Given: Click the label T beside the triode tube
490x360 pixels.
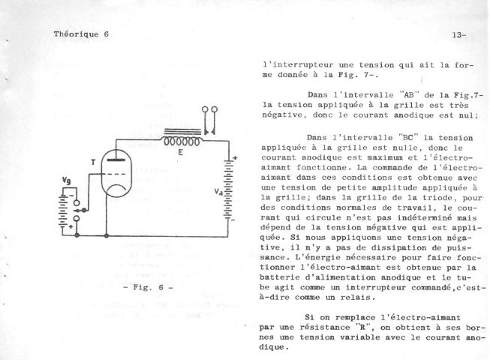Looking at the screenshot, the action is (x=93, y=162).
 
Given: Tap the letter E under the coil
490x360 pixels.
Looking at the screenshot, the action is (x=181, y=152).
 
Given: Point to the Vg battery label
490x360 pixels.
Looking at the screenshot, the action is (x=66, y=181).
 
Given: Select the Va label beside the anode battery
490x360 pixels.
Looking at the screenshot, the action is (x=218, y=192).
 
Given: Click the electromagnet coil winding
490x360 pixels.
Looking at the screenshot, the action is (x=182, y=142).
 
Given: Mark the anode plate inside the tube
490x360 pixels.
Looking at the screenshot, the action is (x=116, y=160).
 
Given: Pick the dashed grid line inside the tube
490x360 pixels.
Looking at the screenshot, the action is (x=116, y=173).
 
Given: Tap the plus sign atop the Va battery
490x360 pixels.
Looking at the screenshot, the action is (x=235, y=158).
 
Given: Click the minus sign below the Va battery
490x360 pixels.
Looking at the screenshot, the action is (x=233, y=220).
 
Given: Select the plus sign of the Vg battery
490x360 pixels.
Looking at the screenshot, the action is (x=71, y=226).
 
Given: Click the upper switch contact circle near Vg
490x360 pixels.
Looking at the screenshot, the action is (x=77, y=203).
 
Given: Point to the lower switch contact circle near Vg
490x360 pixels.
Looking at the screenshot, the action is (x=77, y=218).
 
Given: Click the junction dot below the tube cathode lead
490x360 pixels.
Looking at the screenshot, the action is (x=107, y=235).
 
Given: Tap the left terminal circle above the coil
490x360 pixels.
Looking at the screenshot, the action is (x=205, y=109).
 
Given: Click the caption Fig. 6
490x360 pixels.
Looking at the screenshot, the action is (x=149, y=287).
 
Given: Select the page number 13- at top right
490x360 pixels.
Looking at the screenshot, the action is (x=459, y=35).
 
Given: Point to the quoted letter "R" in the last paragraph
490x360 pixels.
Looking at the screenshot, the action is (x=364, y=327).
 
